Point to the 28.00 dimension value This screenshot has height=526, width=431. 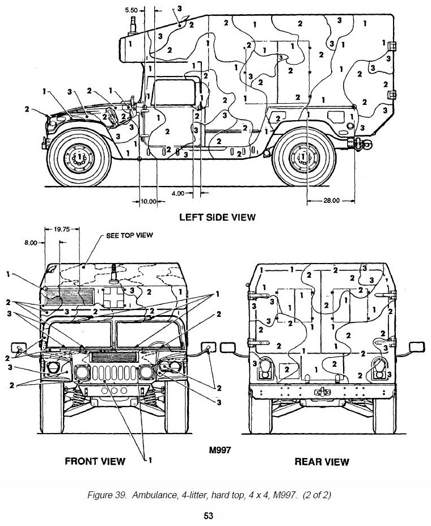pos(332,200)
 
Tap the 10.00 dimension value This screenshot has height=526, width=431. pos(149,201)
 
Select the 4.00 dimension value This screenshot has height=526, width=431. pos(178,193)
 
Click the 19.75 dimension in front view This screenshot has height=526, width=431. pos(62,230)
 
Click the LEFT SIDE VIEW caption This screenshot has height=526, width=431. pos(217,217)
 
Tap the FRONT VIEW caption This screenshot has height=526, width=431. pos(95,461)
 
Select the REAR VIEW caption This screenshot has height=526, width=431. pos(322,462)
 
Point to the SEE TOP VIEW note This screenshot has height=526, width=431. pos(130,235)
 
